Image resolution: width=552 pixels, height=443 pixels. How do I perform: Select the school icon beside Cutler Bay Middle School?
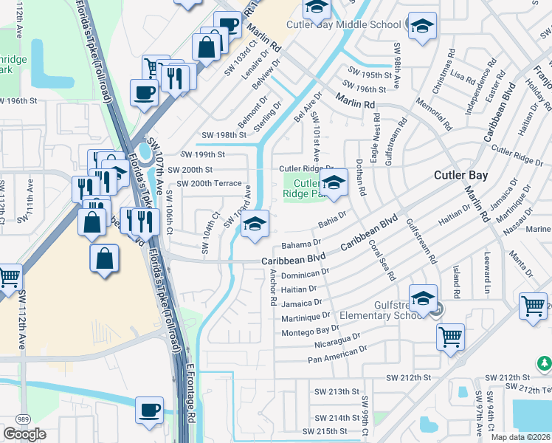[422, 27]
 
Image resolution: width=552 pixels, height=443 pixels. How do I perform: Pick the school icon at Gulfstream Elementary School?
[424, 298]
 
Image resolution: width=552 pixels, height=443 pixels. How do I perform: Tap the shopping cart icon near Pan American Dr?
[450, 337]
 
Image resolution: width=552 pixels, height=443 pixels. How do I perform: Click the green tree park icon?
[545, 363]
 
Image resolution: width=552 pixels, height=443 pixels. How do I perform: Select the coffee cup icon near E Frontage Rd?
[149, 409]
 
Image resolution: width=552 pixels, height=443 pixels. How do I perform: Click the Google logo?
[24, 434]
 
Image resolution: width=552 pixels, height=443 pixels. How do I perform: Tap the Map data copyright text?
[521, 437]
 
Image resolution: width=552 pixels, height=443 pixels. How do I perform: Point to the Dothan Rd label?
[361, 178]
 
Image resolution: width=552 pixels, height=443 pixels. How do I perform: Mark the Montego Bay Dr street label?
[311, 331]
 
